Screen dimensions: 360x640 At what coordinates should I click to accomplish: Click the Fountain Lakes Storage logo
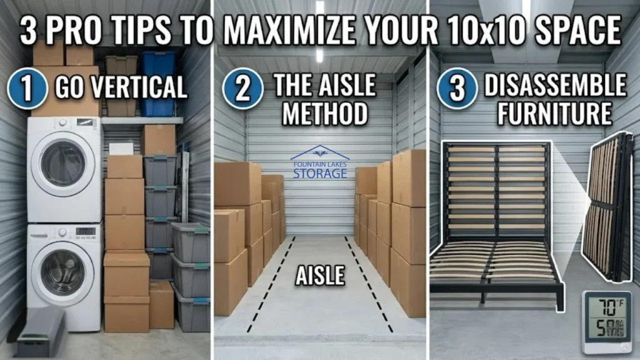319,163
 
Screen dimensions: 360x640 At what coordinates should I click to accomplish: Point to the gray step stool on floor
41,331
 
